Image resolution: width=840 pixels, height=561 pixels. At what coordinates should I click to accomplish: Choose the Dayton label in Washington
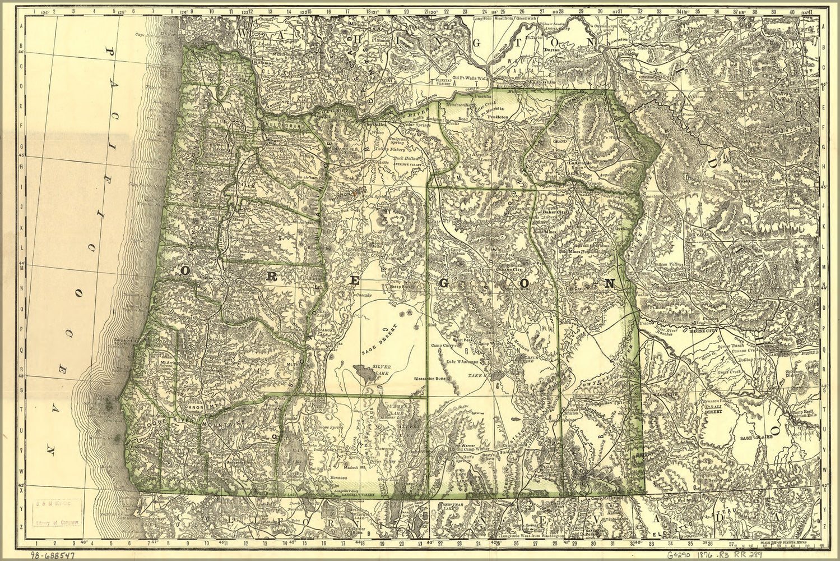click(x=551, y=50)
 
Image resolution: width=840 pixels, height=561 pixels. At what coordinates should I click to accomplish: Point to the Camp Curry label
click(x=442, y=346)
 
